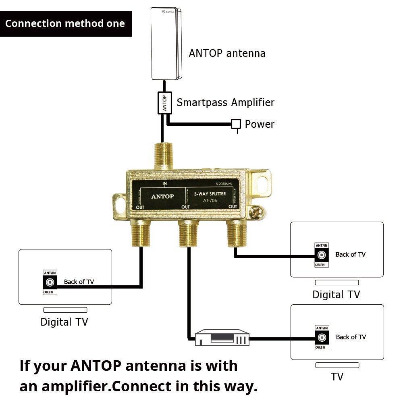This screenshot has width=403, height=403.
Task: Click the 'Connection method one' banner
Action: point(65,24)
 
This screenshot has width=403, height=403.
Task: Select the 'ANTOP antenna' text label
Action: point(227,53)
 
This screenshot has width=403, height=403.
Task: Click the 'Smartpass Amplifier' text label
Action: point(225,102)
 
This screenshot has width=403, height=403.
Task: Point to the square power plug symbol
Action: point(236,124)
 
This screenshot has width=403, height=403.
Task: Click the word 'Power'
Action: point(260,124)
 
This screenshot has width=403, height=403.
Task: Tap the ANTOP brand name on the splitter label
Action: point(162,196)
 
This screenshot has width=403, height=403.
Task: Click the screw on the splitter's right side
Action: point(255,211)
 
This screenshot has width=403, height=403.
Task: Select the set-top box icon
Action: point(222,338)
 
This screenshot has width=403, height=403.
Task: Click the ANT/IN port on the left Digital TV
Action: point(50,283)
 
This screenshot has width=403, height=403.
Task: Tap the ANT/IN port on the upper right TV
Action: point(322,255)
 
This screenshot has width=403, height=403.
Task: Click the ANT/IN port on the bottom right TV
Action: point(322,337)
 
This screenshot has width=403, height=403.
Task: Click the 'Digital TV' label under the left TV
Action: point(64,322)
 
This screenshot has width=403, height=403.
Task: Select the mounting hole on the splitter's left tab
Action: point(120,201)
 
